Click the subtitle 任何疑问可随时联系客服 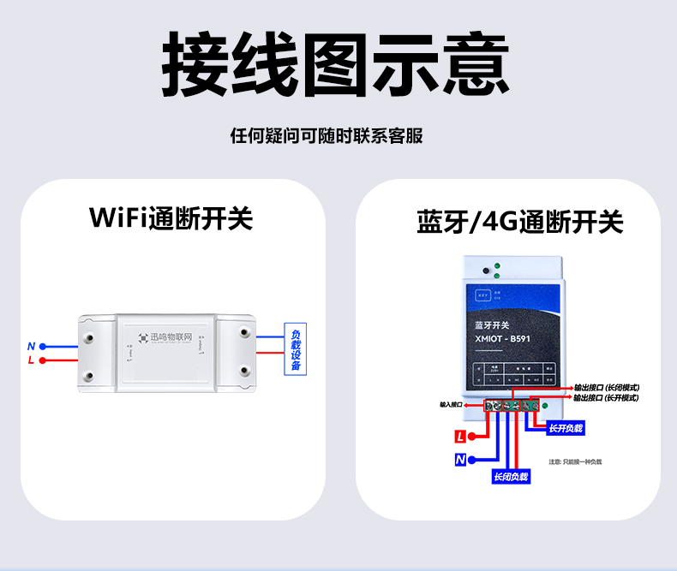(x=327, y=136)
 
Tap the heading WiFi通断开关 (x=171, y=217)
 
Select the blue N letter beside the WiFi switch (x=31, y=346)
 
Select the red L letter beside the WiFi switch (x=31, y=360)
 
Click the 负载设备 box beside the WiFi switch (x=296, y=350)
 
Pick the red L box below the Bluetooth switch (x=460, y=437)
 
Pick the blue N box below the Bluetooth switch (x=460, y=460)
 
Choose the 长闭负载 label (x=511, y=476)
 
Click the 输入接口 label (x=451, y=404)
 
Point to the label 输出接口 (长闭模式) (x=606, y=388)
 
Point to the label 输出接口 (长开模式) (x=606, y=398)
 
